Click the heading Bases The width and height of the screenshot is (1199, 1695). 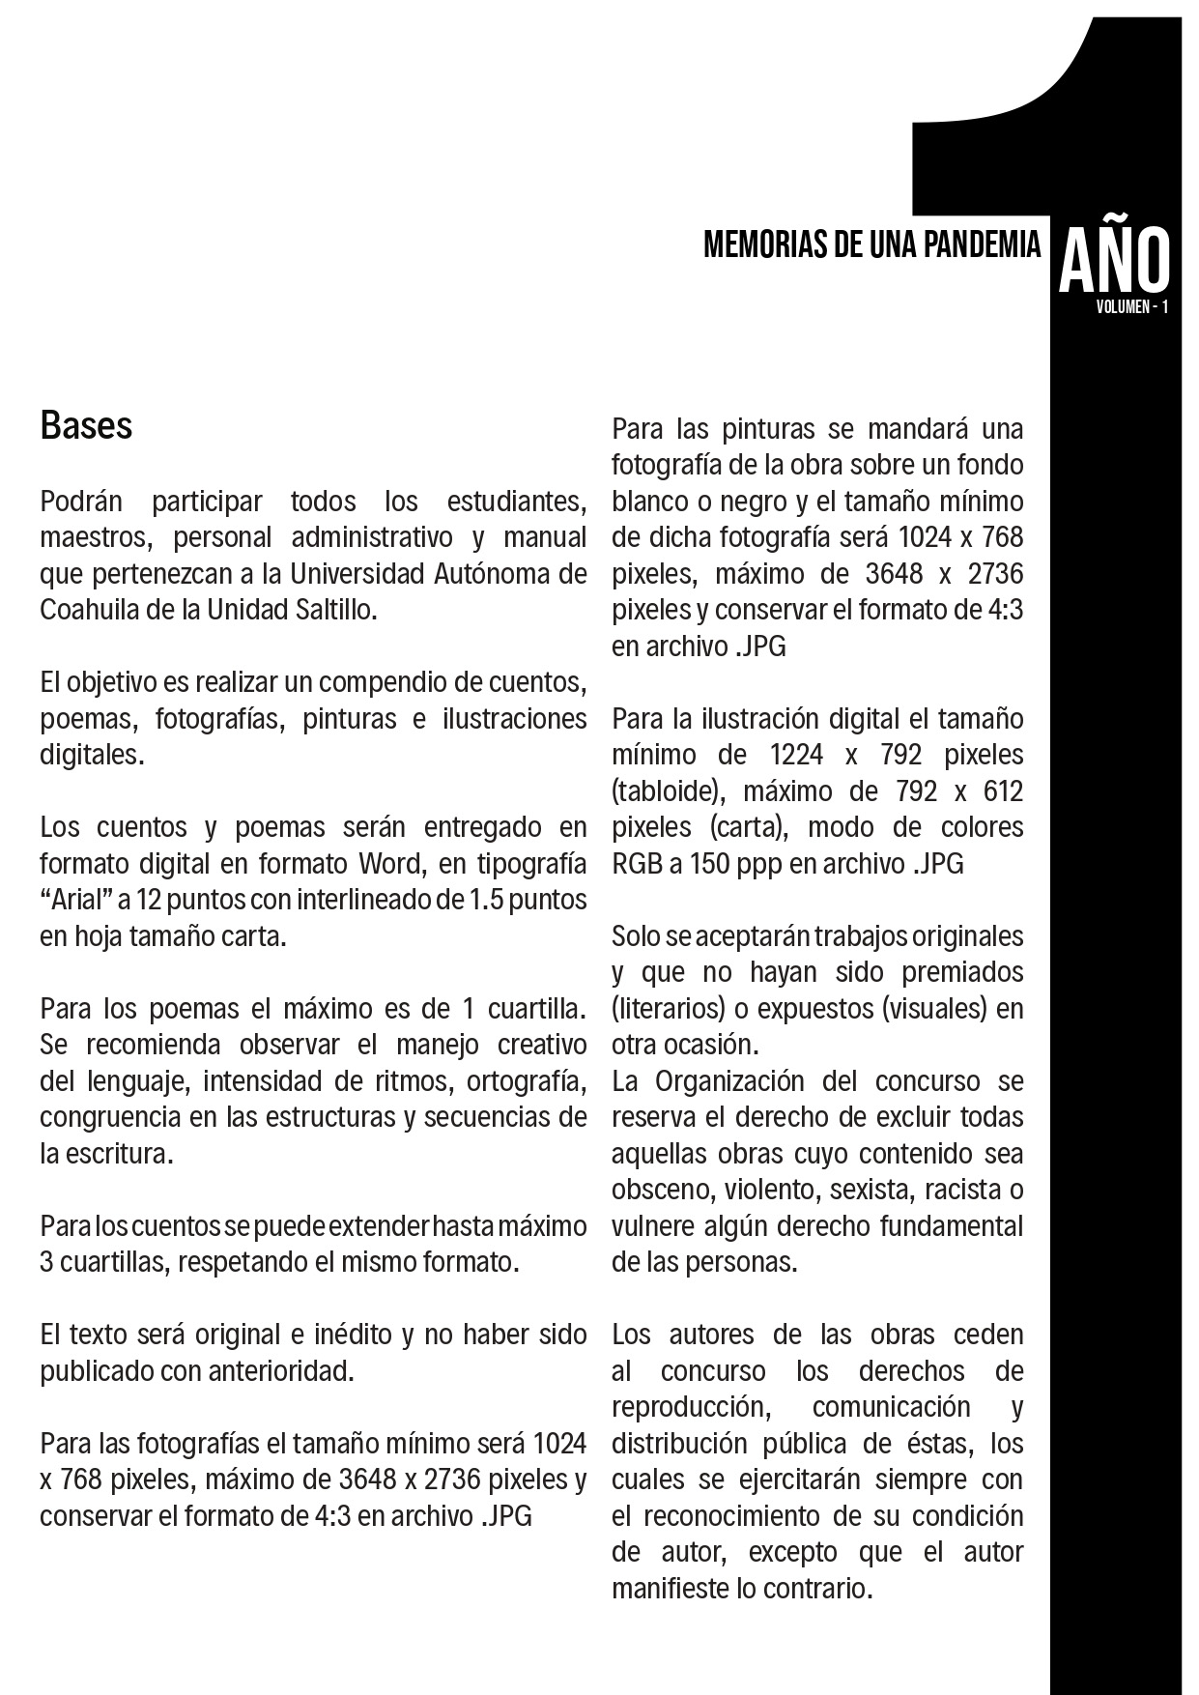point(86,426)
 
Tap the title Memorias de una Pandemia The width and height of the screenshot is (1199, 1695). point(871,245)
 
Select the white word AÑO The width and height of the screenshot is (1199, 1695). point(1114,261)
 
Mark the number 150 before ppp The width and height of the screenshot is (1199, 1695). point(704,863)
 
